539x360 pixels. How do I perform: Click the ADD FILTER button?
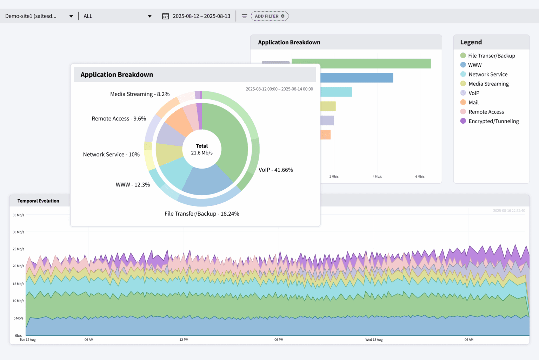269,16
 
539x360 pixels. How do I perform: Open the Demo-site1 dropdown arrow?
71,16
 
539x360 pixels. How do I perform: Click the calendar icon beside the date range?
165,16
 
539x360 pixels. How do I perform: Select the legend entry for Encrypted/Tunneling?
493,121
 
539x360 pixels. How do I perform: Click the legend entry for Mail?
473,103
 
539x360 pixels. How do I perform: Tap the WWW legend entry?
474,65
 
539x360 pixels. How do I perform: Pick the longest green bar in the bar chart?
361,64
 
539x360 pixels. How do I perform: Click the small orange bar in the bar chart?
325,135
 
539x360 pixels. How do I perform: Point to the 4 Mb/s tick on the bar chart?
377,177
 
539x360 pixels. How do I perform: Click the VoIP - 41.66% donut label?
275,170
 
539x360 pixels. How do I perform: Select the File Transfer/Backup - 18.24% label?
202,214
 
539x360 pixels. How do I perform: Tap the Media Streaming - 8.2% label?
140,94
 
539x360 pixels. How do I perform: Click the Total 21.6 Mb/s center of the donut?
202,149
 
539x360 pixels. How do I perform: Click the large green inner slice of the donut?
228,140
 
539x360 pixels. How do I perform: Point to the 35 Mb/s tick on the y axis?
18,215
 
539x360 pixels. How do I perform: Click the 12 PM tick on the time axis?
184,340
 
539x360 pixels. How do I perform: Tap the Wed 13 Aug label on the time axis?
374,340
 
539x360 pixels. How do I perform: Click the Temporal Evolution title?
38,201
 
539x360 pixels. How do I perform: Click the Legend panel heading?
471,42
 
